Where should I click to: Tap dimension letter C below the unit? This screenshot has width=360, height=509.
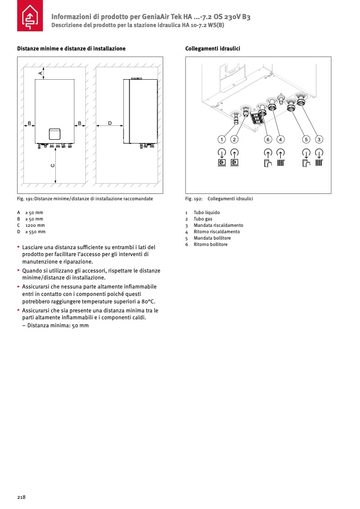pyautogui.click(x=53, y=165)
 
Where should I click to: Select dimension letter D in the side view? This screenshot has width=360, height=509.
pyautogui.click(x=110, y=123)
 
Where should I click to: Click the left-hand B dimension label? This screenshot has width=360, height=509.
pyautogui.click(x=30, y=123)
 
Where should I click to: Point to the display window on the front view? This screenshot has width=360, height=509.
pyautogui.click(x=54, y=134)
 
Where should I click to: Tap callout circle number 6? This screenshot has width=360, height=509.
pyautogui.click(x=268, y=139)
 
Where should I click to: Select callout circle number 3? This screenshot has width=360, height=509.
pyautogui.click(x=319, y=139)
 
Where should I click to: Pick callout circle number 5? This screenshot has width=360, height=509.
pyautogui.click(x=306, y=139)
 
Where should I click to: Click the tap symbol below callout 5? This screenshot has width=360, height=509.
pyautogui.click(x=306, y=164)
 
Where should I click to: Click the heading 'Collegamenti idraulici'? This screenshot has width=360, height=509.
pyautogui.click(x=213, y=48)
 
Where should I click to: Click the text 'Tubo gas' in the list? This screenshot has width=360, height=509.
pyautogui.click(x=203, y=219)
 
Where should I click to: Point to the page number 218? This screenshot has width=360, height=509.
pyautogui.click(x=21, y=497)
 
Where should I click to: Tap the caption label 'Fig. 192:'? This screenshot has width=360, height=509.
pyautogui.click(x=192, y=199)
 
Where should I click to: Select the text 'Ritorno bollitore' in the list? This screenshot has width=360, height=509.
pyautogui.click(x=211, y=244)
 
